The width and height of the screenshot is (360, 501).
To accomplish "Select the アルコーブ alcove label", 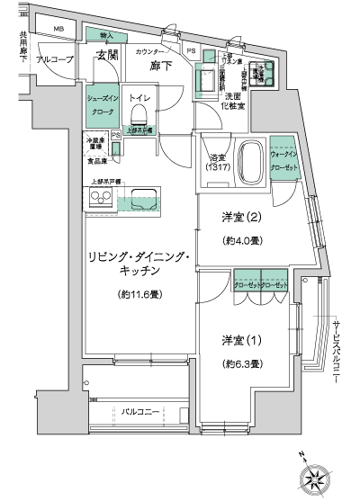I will pyautogui.click(x=56, y=60).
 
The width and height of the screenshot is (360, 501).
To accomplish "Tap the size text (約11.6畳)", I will pyautogui.click(x=138, y=294).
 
